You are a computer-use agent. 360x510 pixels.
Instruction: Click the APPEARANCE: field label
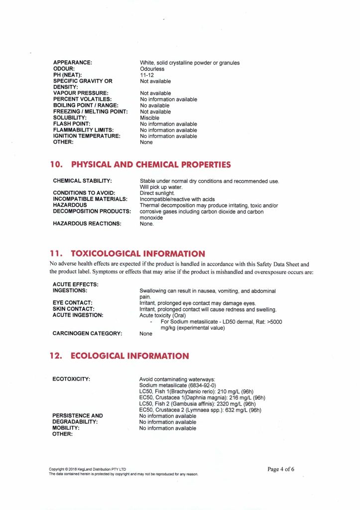coord(73,63)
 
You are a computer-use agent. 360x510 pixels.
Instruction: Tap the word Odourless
coord(152,69)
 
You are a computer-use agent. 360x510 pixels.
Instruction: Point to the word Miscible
coord(149,118)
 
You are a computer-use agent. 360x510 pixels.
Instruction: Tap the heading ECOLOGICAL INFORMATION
coord(130,356)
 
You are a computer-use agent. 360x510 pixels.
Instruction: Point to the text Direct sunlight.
coord(157,193)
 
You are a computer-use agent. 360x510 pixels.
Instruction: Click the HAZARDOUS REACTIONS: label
coord(87,224)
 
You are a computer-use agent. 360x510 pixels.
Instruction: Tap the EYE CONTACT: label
coord(73,303)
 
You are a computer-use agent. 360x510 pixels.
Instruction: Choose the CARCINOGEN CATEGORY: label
coord(87,333)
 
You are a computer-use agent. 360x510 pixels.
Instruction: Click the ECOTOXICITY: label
coord(71,380)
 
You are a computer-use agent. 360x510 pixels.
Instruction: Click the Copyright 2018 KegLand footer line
coord(88,469)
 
